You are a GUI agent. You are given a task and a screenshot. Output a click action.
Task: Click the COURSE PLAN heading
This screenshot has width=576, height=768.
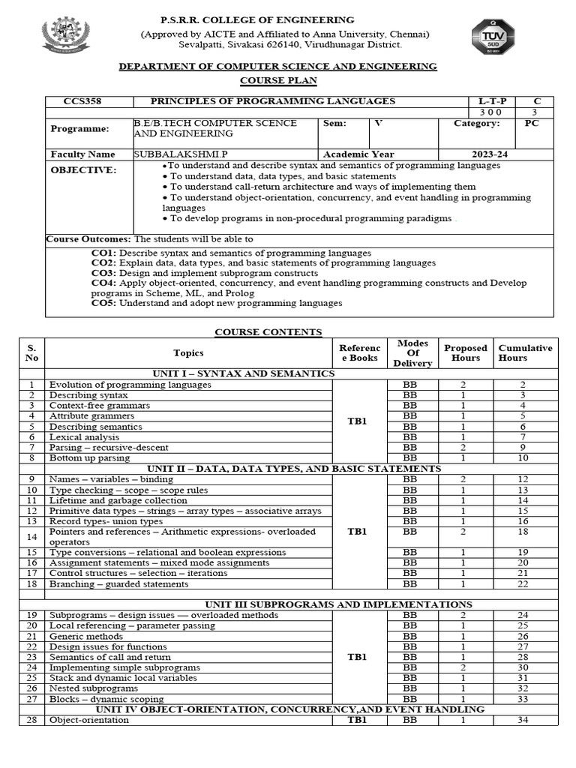pos(278,80)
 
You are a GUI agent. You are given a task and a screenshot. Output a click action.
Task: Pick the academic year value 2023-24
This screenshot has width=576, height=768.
pos(485,154)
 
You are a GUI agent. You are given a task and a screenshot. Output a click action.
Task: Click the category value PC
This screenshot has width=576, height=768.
pos(531,123)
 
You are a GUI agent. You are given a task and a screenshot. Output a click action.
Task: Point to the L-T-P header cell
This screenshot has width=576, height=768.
pos(492,101)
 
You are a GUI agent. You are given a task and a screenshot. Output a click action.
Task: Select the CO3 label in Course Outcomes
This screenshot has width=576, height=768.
pos(103,273)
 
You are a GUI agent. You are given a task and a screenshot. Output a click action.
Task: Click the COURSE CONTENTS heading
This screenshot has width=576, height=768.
pos(268,331)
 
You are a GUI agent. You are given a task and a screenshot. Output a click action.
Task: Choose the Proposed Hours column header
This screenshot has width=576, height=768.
pos(465,352)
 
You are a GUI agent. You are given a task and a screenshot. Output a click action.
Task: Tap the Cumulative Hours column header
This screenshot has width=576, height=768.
pos(525,352)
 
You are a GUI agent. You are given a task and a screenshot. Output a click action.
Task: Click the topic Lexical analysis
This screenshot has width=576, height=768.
pos(84,436)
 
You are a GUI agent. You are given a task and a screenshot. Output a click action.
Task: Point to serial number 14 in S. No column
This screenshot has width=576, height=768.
pos(31,536)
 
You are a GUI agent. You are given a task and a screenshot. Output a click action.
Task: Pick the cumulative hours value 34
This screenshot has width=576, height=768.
pos(523,720)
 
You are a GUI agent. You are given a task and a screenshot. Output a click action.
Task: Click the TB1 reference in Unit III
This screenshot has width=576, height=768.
pos(357,657)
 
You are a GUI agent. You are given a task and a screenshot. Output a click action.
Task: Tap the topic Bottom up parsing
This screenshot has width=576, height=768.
pos(89,457)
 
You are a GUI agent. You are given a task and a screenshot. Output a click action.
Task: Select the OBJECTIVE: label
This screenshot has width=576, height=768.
pos(83,170)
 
